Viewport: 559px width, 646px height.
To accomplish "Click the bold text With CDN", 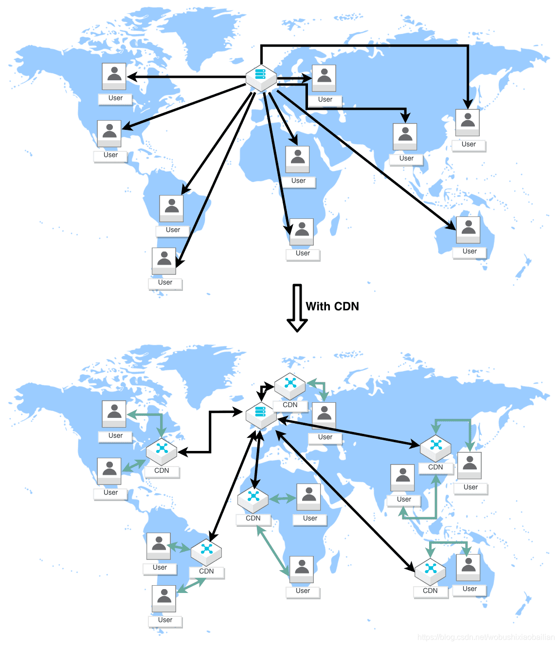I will click(x=332, y=306).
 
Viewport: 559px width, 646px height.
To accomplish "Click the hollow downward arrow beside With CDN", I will click(x=297, y=307).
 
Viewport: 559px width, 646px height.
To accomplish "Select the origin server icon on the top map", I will click(x=261, y=77).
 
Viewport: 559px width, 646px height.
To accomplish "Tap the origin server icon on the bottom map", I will click(x=261, y=415).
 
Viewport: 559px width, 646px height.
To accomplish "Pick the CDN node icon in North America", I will click(x=162, y=451).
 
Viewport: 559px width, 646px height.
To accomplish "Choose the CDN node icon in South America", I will click(x=206, y=552).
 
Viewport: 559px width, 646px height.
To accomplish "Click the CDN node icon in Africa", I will click(x=253, y=499).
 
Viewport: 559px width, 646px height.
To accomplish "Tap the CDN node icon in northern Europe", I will click(x=290, y=385).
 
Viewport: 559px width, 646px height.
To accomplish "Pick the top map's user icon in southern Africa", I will click(x=302, y=232).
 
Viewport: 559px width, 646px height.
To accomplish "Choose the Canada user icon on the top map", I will click(x=114, y=76).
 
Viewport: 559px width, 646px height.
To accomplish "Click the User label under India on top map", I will click(x=406, y=159).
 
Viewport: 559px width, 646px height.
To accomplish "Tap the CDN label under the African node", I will click(x=253, y=519).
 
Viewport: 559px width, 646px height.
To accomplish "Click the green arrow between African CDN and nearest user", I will click(x=283, y=499).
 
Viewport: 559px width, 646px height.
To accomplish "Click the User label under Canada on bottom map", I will click(x=115, y=436).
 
